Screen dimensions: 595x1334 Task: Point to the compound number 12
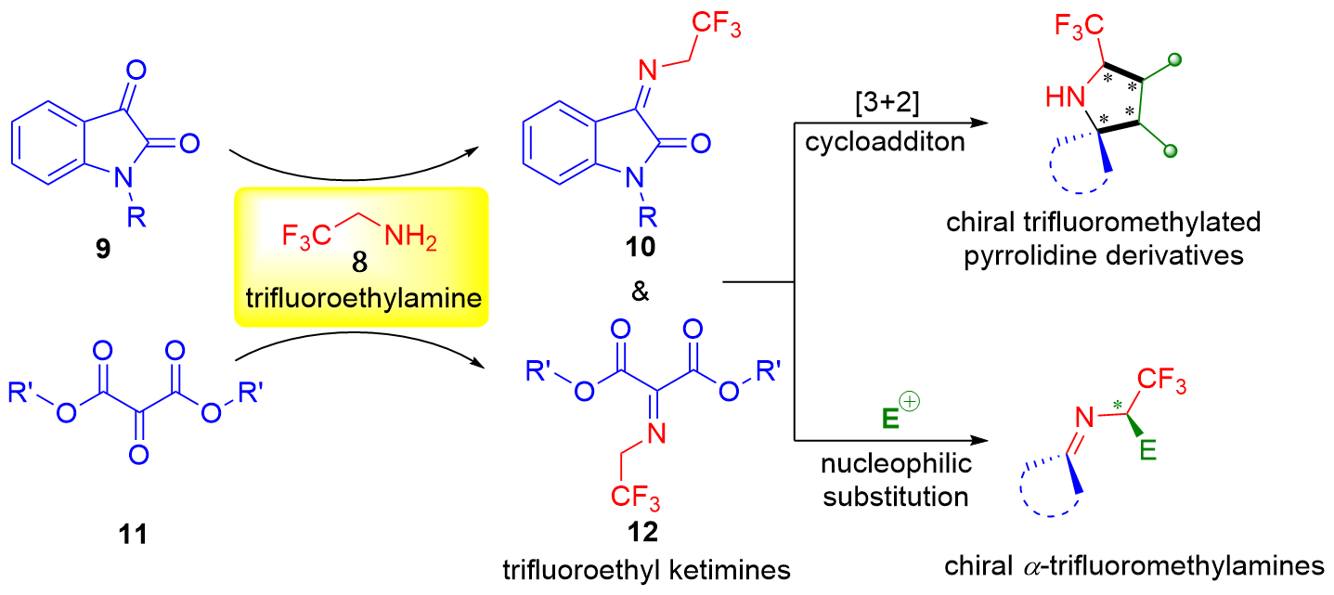click(641, 532)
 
